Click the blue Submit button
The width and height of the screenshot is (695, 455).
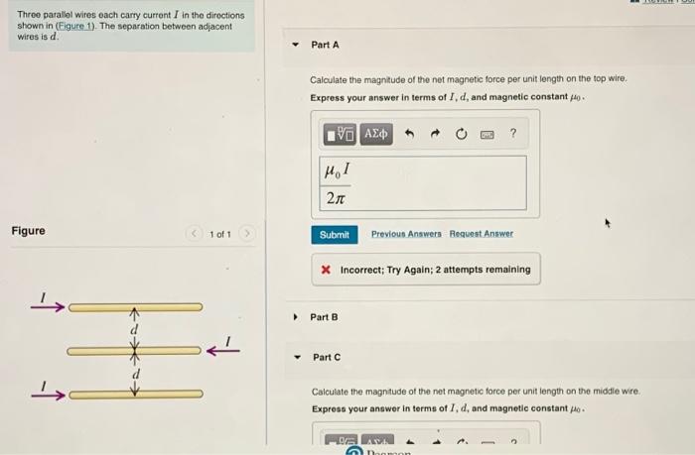(x=335, y=234)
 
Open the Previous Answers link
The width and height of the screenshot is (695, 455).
(x=406, y=234)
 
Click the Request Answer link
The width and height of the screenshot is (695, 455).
(x=482, y=234)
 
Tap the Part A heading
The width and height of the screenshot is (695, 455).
(x=325, y=45)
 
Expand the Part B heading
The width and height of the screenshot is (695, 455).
(x=324, y=317)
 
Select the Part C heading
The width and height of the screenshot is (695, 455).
(x=326, y=357)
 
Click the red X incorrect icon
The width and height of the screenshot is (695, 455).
(x=326, y=270)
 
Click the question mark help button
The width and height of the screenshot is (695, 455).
(x=512, y=133)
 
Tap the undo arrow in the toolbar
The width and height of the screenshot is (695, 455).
(x=407, y=133)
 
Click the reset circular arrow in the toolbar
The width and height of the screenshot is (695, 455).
(x=461, y=133)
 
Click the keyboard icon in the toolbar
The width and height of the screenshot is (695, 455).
(x=486, y=133)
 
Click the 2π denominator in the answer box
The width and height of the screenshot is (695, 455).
(x=336, y=197)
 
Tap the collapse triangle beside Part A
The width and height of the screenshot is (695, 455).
(x=295, y=46)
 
